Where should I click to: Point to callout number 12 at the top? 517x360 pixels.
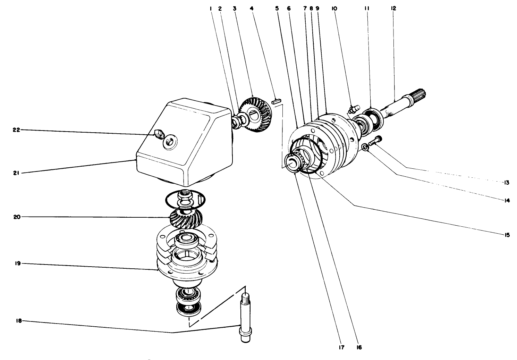tap(393, 8)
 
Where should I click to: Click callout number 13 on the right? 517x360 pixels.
tap(507, 182)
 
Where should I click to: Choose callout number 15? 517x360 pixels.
tap(507, 235)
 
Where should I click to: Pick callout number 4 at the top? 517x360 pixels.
tap(255, 8)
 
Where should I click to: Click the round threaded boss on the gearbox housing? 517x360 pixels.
tap(170, 143)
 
